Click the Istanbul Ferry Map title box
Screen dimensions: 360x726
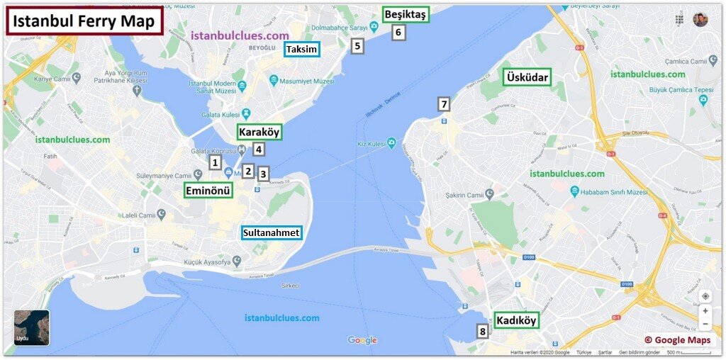pyautogui.click(x=84, y=21)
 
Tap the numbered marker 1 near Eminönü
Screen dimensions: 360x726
pyautogui.click(x=214, y=162)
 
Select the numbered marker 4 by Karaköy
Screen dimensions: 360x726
pyautogui.click(x=259, y=150)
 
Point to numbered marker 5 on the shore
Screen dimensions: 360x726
pyautogui.click(x=357, y=46)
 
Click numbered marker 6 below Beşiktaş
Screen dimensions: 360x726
pyautogui.click(x=398, y=32)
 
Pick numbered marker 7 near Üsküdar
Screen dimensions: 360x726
pyautogui.click(x=444, y=104)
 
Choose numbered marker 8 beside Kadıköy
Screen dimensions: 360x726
pyautogui.click(x=483, y=331)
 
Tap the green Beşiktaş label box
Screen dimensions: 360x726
pyautogui.click(x=406, y=14)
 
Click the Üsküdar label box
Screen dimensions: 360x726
pyautogui.click(x=527, y=77)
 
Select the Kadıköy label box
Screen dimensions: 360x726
pyautogui.click(x=515, y=320)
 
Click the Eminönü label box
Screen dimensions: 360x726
pyautogui.click(x=208, y=190)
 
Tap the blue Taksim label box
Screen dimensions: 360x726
pyautogui.click(x=301, y=49)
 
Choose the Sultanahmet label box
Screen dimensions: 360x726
pyautogui.click(x=271, y=232)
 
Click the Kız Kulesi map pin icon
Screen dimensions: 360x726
pyautogui.click(x=391, y=144)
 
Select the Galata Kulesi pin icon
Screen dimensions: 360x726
pyautogui.click(x=245, y=113)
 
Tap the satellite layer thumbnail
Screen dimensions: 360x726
pyautogui.click(x=32, y=327)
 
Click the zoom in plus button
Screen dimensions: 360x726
pyautogui.click(x=705, y=310)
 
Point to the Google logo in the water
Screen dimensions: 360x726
pyautogui.click(x=362, y=340)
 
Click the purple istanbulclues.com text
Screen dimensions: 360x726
pyautogui.click(x=240, y=35)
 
